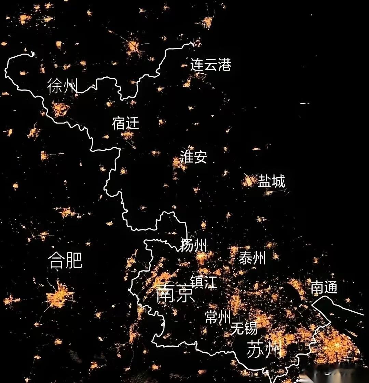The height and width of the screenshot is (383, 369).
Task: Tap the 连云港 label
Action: click(x=210, y=65)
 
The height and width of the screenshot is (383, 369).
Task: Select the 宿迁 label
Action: click(x=125, y=123)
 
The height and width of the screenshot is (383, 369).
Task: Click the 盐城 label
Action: click(x=271, y=181)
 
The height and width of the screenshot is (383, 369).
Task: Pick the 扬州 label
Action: click(x=193, y=245)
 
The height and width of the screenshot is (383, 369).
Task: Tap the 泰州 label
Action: click(x=252, y=258)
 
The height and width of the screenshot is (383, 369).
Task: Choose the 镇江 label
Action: click(x=204, y=282)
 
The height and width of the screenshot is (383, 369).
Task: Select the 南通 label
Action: click(x=324, y=287)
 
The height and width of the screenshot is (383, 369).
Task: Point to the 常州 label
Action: click(x=218, y=317)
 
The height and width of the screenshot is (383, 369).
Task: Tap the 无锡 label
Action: click(x=244, y=329)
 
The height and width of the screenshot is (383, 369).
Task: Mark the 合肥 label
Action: click(x=65, y=260)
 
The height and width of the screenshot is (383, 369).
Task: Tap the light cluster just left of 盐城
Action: click(x=249, y=181)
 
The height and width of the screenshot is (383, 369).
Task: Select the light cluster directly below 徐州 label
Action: click(x=61, y=109)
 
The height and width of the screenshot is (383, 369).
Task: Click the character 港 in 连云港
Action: click(x=224, y=65)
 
